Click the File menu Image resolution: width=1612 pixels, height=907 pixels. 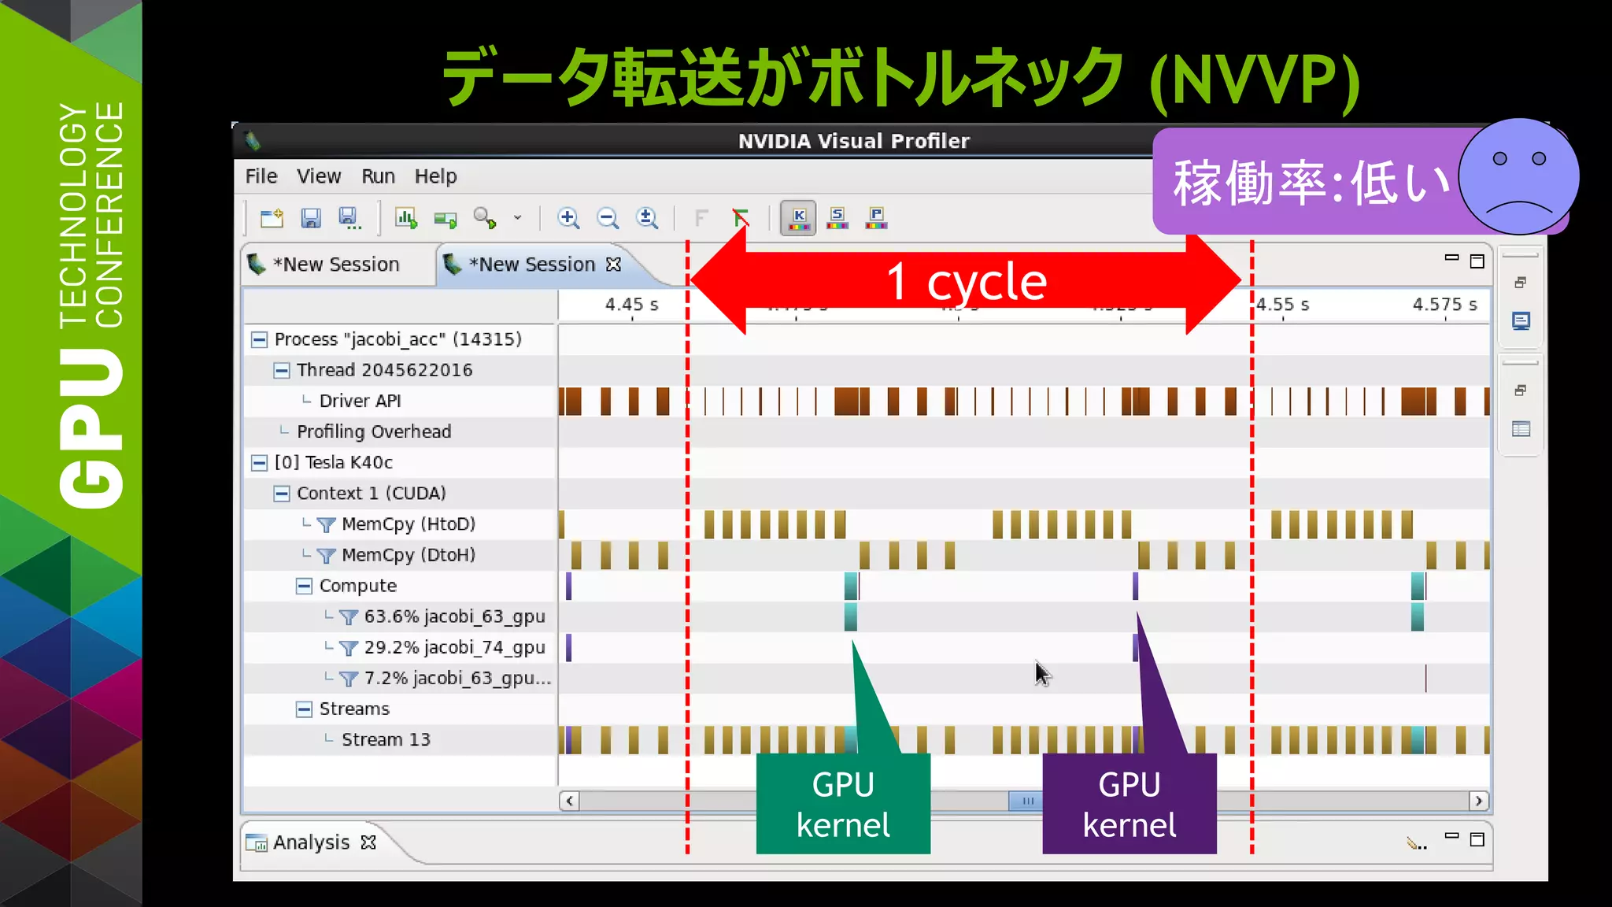point(261,176)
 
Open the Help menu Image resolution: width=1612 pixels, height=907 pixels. point(435,176)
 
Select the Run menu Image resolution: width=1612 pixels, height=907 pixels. point(378,176)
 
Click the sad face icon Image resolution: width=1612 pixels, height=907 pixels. point(1518,177)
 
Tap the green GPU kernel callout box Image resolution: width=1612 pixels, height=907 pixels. point(843,804)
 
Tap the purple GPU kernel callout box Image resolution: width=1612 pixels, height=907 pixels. point(1129,804)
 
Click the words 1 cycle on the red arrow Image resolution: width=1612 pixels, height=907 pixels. point(967,283)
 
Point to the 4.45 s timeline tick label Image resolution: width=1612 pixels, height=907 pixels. point(631,305)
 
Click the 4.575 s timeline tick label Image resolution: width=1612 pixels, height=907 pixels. point(1444,305)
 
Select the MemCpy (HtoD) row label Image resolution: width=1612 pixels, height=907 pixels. point(408,524)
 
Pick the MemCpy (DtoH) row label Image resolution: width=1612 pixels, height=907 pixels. point(408,555)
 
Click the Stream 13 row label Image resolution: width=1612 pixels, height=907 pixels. point(386,740)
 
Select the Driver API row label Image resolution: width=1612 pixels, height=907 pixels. point(360,401)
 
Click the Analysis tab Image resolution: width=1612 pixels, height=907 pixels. point(311,842)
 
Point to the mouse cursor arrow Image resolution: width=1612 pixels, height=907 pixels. point(1041,672)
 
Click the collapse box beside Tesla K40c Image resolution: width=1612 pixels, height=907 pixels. point(259,463)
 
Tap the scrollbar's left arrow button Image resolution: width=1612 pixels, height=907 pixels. point(569,801)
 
